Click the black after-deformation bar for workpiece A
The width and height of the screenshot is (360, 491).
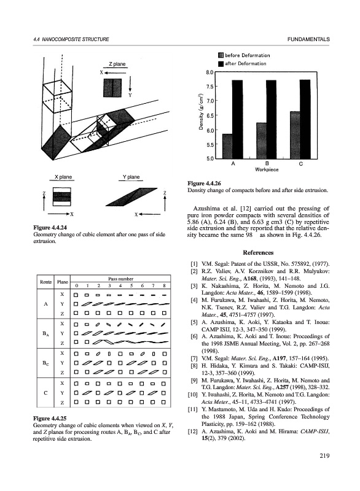(237, 119)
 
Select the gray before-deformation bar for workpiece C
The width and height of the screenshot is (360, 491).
(295, 135)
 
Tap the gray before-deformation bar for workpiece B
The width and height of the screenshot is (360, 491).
(261, 141)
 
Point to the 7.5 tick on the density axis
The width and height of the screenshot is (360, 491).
(209, 87)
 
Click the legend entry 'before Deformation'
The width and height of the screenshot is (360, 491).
(244, 55)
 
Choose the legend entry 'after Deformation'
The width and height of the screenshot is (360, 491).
(242, 64)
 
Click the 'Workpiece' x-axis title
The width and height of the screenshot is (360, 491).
(267, 169)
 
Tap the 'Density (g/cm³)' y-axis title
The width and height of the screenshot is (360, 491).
(201, 112)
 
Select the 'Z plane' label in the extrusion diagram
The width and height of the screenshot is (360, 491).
(117, 64)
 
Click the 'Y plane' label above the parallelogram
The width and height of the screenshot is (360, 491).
(131, 177)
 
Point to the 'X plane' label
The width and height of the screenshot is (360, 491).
(63, 177)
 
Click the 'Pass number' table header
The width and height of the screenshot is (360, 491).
(120, 279)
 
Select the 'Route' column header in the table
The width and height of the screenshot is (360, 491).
(45, 282)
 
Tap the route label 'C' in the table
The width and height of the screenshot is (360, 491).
(45, 393)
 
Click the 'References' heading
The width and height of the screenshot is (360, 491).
(258, 253)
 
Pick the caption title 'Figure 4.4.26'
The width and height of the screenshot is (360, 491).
(204, 184)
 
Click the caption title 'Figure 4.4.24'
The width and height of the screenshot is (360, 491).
(50, 228)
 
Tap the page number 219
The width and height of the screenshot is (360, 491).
(324, 456)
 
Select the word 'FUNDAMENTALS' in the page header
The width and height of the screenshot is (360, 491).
(308, 39)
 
